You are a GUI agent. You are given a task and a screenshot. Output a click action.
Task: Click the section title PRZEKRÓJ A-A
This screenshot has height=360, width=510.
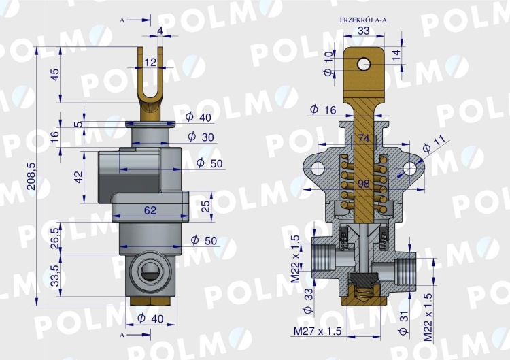tap(363, 20)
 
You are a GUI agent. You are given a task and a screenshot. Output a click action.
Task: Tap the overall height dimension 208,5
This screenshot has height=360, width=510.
tap(31, 176)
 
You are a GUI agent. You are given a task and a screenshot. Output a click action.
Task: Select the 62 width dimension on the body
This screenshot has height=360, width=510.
tap(150, 210)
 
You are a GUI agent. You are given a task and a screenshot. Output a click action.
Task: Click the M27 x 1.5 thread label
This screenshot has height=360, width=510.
tap(318, 331)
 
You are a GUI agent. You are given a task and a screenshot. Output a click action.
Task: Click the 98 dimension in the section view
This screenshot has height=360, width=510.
tap(363, 184)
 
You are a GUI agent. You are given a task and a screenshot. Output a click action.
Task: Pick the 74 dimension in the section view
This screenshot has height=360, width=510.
tap(363, 138)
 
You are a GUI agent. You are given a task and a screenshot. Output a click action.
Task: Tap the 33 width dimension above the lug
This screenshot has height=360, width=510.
tap(363, 31)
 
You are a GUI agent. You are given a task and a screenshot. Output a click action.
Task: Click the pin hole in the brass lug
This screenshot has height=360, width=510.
tap(364, 65)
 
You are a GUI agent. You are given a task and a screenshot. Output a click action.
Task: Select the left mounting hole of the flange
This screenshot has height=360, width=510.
tap(316, 169)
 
